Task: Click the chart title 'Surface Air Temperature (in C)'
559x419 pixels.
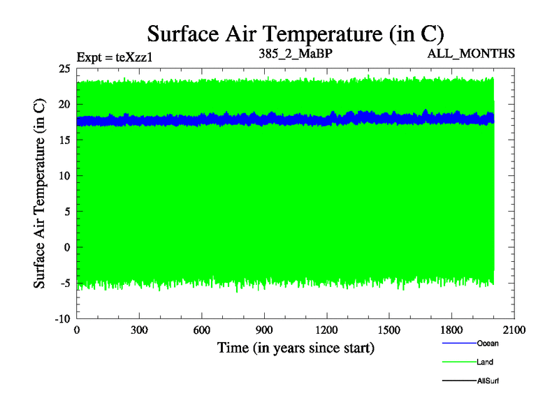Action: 295,34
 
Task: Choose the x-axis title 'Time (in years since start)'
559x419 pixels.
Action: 296,347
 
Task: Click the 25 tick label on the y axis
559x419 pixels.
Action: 64,68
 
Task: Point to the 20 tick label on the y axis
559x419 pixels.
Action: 64,105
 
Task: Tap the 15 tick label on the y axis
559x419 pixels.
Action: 64,140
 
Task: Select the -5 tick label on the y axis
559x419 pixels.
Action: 64,283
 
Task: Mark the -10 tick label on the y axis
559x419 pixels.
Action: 61,318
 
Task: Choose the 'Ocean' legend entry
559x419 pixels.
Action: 488,343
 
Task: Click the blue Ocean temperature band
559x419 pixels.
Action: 279,119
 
